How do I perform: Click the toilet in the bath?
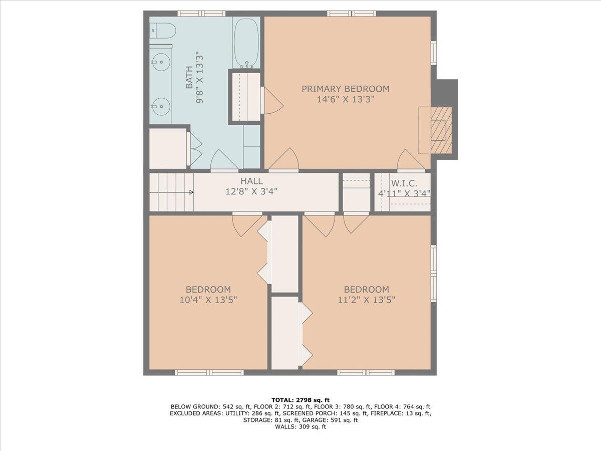point(162,31)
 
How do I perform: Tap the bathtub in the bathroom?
point(246,43)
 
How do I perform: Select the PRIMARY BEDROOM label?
point(345,89)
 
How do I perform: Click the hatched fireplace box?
point(441,130)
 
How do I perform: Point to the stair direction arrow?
point(172,192)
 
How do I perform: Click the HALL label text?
point(251,181)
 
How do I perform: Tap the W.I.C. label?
point(404,183)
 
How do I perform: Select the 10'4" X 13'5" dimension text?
point(208,300)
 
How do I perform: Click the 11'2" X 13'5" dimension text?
point(366,300)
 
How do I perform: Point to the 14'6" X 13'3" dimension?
point(345,99)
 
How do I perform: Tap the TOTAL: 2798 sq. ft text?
point(300,400)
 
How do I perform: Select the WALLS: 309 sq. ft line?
point(300,426)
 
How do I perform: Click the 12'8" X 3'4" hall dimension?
point(251,191)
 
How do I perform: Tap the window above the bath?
point(201,14)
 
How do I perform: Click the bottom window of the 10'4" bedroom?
point(209,372)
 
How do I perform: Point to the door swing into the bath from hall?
point(224,160)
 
